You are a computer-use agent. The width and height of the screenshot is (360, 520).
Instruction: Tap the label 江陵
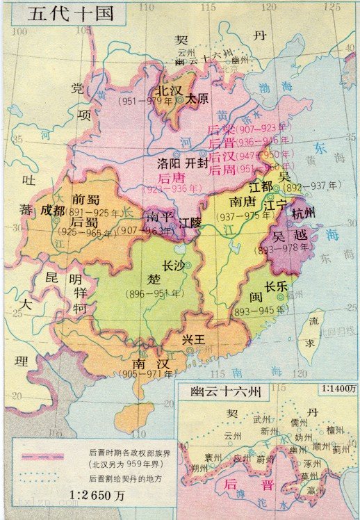pyautogui.click(x=191, y=223)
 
